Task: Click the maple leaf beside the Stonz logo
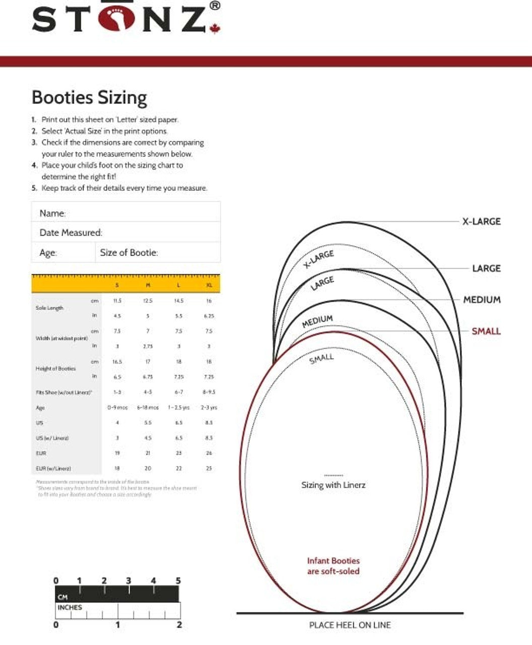(x=215, y=28)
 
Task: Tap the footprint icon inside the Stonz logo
(x=117, y=18)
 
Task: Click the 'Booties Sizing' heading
(x=89, y=97)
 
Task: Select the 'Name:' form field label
(x=52, y=213)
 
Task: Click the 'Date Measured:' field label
(x=71, y=233)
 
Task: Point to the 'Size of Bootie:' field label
(x=129, y=253)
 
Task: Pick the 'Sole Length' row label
(x=49, y=308)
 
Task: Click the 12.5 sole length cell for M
(x=148, y=301)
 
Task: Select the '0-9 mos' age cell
(x=117, y=407)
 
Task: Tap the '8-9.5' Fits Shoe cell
(x=209, y=392)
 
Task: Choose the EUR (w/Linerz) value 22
(x=178, y=468)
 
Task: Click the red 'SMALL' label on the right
(x=486, y=331)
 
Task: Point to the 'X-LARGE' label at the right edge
(x=481, y=221)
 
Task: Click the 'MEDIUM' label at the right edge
(x=482, y=300)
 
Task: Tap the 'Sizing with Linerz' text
(x=333, y=485)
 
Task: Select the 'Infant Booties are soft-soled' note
(x=334, y=566)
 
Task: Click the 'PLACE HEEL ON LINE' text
(x=350, y=625)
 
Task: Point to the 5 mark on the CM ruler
(x=178, y=581)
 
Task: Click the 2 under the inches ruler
(x=179, y=625)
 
